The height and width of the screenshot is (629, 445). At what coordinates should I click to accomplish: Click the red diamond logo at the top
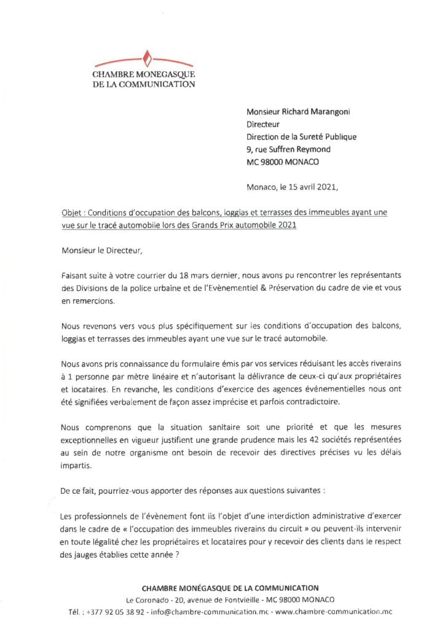147,60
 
